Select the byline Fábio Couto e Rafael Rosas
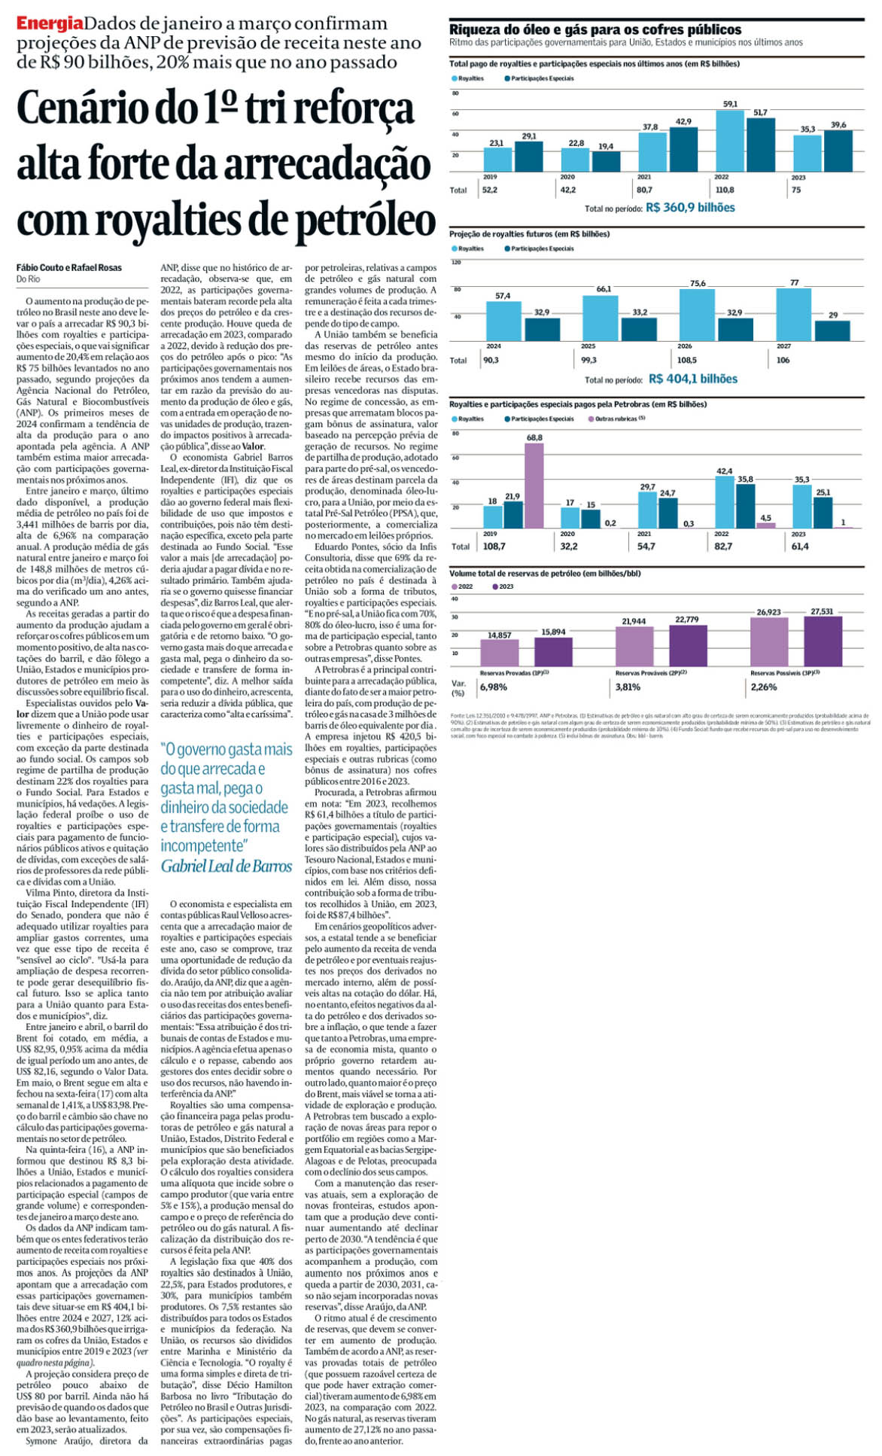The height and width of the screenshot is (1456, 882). (68, 267)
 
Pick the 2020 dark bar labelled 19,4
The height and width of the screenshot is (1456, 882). (606, 161)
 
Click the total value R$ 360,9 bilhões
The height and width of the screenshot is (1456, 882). (690, 208)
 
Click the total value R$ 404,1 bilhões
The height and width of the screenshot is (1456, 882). (692, 379)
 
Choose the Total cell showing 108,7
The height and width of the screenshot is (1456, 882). (493, 547)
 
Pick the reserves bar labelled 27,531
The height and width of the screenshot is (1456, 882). (823, 641)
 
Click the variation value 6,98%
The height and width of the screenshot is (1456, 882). (494, 687)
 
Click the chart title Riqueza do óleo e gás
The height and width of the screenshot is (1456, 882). (595, 29)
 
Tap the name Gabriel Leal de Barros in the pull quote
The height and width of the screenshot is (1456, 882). (226, 867)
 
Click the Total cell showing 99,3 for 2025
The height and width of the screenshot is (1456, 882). (589, 361)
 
